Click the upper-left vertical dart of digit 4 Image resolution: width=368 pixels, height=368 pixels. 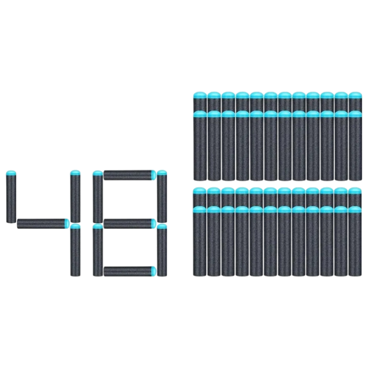click(x=11, y=197)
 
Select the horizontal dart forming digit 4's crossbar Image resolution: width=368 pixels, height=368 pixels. click(x=43, y=223)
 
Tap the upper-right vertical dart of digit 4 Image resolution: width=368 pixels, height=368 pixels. click(x=75, y=196)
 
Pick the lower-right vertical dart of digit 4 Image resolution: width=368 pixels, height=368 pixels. click(x=75, y=250)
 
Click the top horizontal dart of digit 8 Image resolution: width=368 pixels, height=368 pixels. click(x=130, y=175)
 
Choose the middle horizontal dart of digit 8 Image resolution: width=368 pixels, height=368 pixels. click(x=130, y=223)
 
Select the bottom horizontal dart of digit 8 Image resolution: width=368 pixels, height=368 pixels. click(x=130, y=271)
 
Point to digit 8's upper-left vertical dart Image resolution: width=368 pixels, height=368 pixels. click(x=98, y=197)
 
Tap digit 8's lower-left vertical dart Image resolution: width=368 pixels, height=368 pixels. click(x=98, y=250)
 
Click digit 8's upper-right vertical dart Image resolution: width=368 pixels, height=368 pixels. click(x=162, y=196)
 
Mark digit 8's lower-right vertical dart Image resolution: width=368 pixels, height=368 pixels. click(x=162, y=250)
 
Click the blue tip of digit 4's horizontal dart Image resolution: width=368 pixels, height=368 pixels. click(x=67, y=223)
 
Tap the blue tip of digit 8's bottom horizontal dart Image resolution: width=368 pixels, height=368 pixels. click(x=154, y=271)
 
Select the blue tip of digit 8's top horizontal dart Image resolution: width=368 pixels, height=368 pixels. click(x=154, y=175)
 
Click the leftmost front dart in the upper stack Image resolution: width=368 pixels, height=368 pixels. click(x=200, y=145)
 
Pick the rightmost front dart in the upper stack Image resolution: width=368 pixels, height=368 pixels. click(x=355, y=145)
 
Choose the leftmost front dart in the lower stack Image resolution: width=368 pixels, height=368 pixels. click(x=200, y=241)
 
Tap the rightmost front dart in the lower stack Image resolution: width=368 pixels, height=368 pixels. click(x=355, y=241)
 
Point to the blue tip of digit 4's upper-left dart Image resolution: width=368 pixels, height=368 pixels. click(x=11, y=173)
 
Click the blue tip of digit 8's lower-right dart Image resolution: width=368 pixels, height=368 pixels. click(x=162, y=226)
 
